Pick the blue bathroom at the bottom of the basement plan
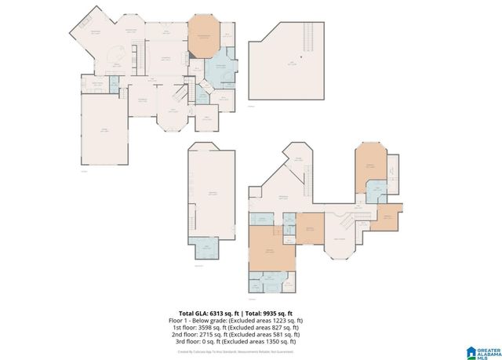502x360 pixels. (x=206, y=247)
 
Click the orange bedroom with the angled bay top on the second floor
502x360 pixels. (x=369, y=166)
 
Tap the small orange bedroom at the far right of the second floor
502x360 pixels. (x=387, y=217)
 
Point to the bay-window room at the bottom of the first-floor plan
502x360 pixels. (x=169, y=118)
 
